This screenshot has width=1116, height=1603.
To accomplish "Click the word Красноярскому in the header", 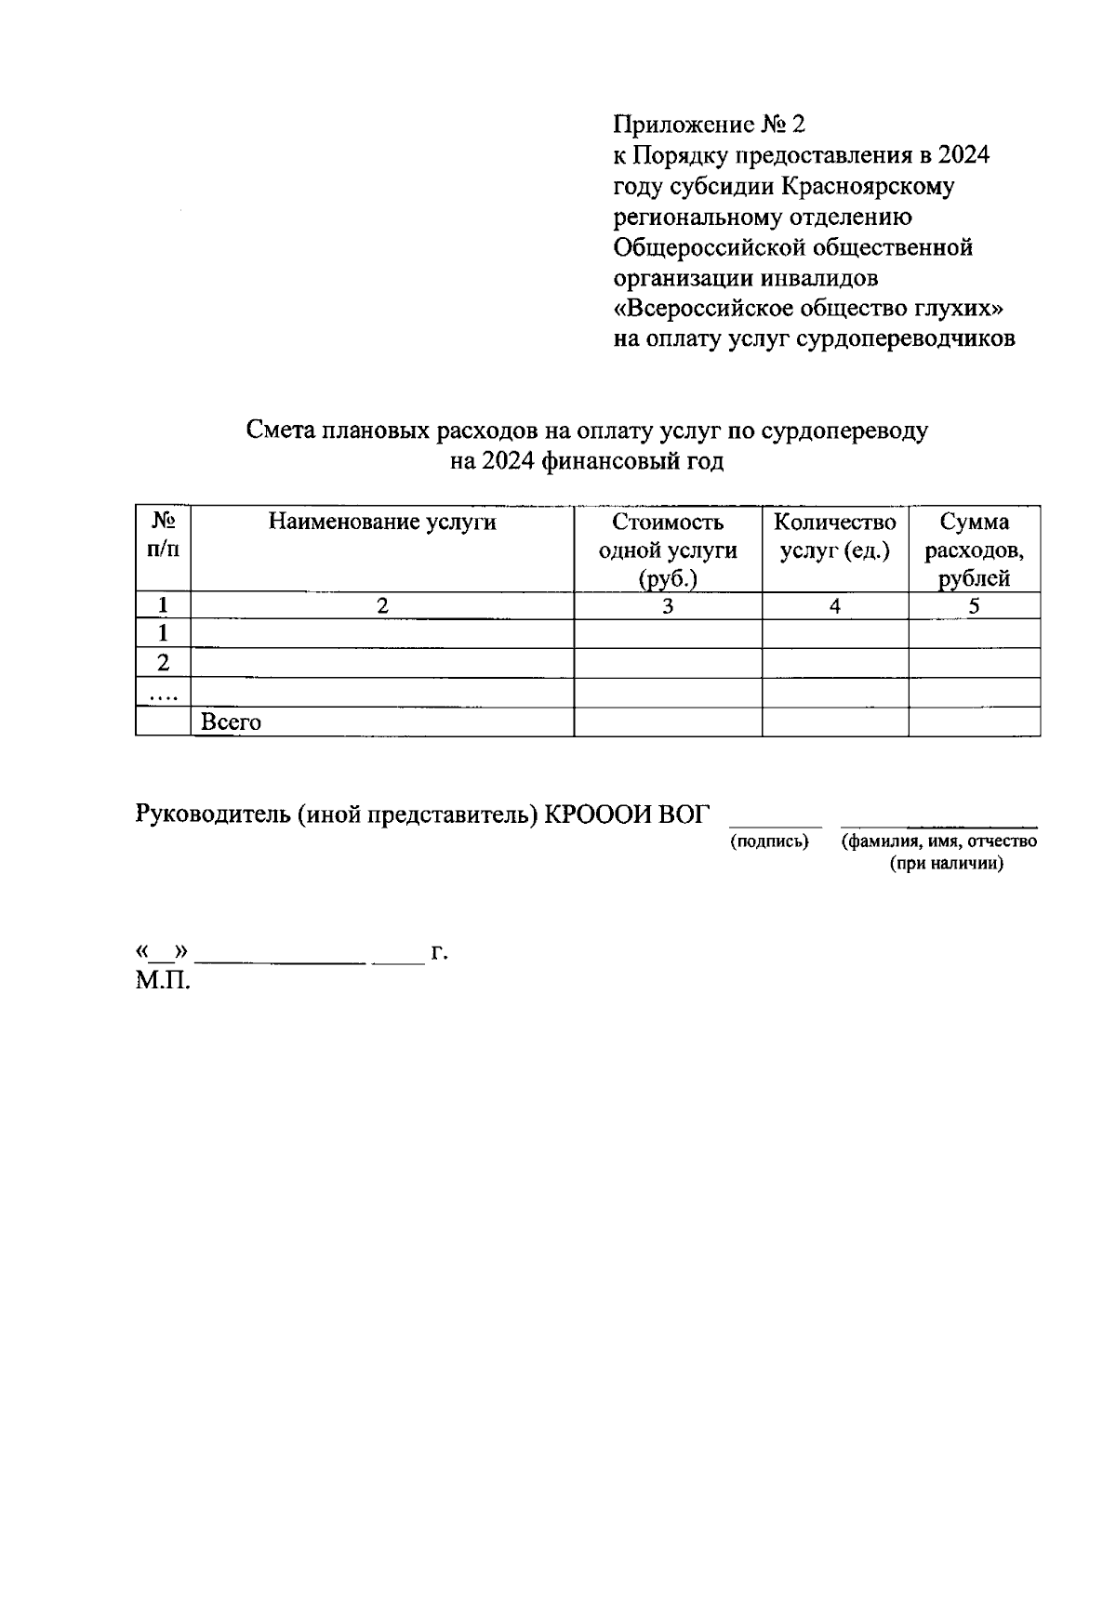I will pos(868,186).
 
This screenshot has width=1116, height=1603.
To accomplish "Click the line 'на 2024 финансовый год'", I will pos(586,461).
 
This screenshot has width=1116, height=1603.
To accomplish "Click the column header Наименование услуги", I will pos(382,523).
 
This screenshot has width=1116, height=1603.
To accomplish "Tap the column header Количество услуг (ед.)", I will pos(835,536).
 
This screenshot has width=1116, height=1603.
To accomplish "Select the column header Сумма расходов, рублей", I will pos(974,550).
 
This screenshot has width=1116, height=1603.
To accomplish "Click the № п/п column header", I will pos(163,536).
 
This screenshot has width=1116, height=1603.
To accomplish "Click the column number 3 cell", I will pos(668,606).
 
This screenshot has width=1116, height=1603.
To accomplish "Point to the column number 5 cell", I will pos(974,606).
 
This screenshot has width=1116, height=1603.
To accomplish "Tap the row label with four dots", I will pos(163,694).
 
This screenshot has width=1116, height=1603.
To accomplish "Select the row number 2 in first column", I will pos(163,664).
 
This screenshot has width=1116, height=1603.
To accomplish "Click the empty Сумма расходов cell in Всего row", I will pos(974,722).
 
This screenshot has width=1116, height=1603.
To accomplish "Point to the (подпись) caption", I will pos(769,842).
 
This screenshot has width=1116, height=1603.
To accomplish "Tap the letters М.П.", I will pos(162,980).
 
